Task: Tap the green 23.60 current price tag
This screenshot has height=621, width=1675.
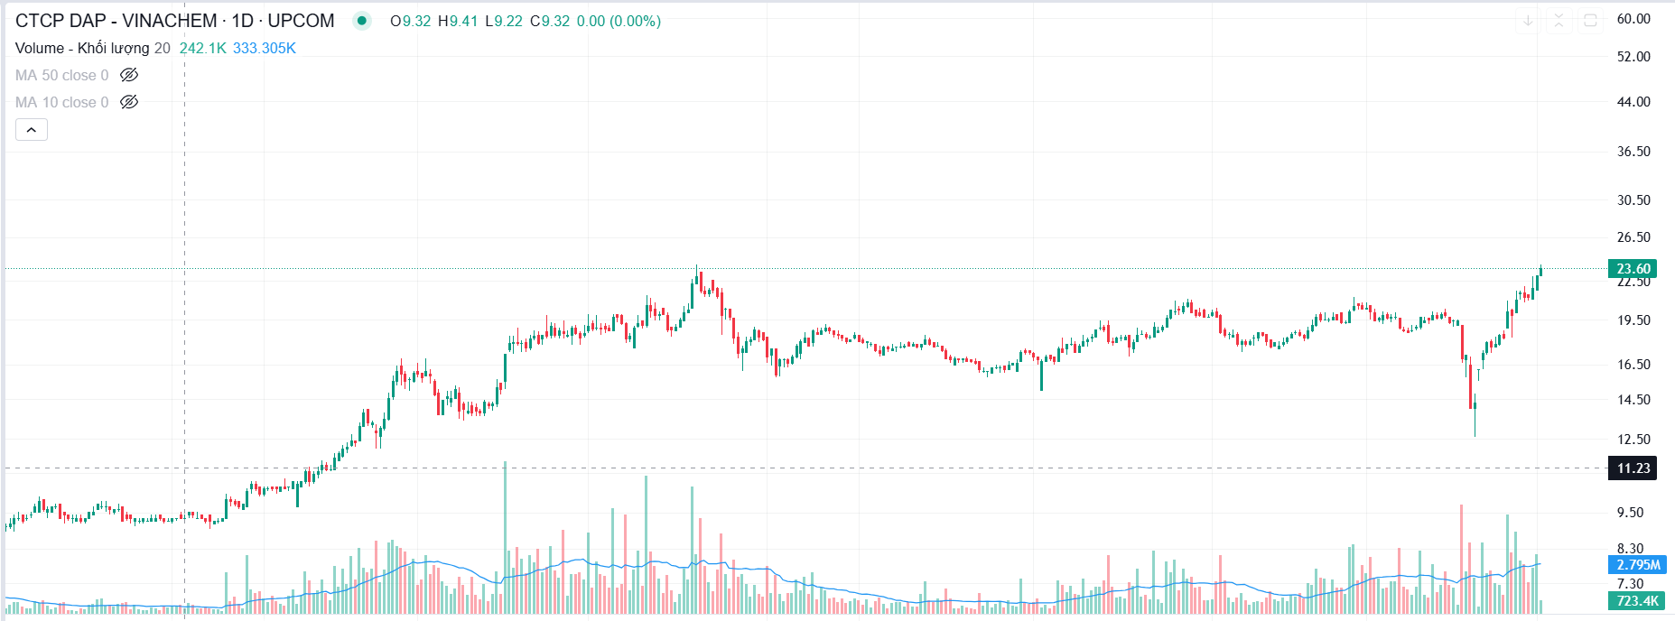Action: (x=1633, y=269)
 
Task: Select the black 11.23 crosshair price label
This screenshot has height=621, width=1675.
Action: (x=1633, y=468)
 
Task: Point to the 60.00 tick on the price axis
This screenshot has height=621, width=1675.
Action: (x=1633, y=19)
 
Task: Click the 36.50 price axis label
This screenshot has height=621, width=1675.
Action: (x=1633, y=152)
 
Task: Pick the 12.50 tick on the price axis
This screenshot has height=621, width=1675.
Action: (x=1633, y=440)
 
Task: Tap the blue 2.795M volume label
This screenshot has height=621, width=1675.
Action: (x=1637, y=565)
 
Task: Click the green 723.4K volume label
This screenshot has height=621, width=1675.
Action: (x=1637, y=601)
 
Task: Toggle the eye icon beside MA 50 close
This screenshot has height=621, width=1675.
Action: (x=129, y=75)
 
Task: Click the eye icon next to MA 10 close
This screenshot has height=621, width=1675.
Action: (x=129, y=102)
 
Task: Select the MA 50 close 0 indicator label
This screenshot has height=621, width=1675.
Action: (x=61, y=76)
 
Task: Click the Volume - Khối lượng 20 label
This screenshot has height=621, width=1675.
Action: (x=92, y=49)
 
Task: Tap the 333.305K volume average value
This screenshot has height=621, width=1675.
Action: (x=264, y=49)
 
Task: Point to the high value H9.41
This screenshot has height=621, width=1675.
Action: (x=458, y=21)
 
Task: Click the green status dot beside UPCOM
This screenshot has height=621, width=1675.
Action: (x=361, y=21)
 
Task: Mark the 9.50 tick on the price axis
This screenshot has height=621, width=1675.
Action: (x=1630, y=513)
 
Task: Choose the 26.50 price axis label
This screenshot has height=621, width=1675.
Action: (x=1633, y=237)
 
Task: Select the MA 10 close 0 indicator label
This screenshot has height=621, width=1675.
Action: (x=61, y=103)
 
